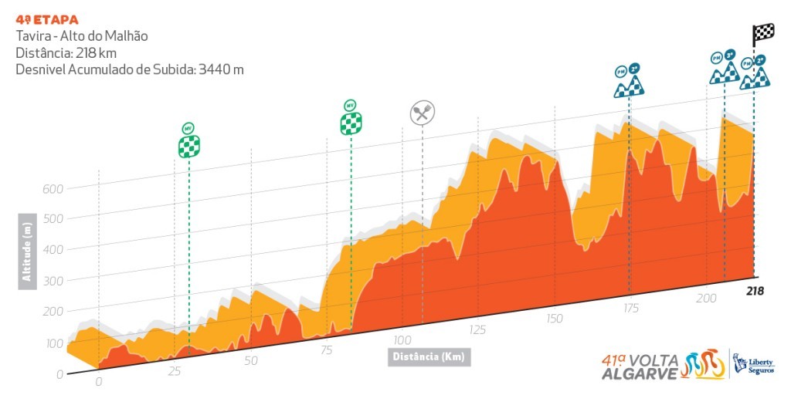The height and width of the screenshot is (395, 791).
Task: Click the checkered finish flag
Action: pos(763,35)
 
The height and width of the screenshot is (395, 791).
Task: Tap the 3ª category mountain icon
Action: pos(724,69)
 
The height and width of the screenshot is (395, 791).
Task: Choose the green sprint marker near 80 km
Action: pos(351,118)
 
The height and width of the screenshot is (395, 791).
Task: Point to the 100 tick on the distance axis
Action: pos(402,340)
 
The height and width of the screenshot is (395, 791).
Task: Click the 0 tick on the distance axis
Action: pos(98,381)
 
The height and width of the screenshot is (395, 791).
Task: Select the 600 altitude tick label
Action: pos(52,188)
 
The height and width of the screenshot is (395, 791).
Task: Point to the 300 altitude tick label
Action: pos(52,281)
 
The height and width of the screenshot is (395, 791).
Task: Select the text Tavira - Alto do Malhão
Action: pos(81,36)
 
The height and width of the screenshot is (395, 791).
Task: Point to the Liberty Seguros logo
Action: pos(754,363)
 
